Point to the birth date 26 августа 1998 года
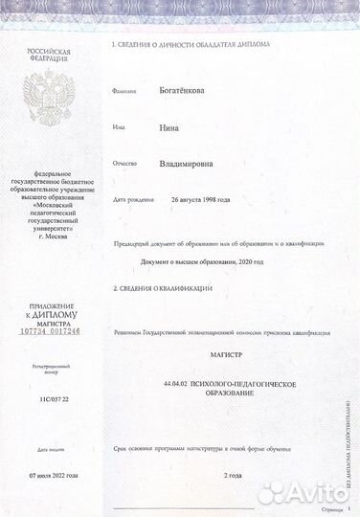(202, 200)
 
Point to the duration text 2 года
(233, 476)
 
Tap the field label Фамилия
(124, 93)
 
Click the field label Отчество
(125, 165)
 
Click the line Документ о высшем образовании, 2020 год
(208, 261)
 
